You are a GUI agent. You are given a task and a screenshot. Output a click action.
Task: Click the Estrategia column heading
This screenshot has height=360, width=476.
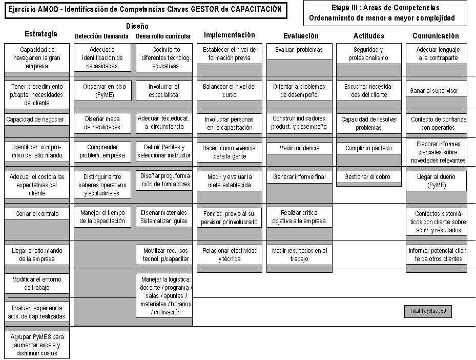[x=41, y=34]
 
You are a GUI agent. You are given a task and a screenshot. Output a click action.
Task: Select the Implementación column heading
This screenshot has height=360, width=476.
[x=230, y=35]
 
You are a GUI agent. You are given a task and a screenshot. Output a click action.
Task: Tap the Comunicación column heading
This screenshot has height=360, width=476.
[x=436, y=36]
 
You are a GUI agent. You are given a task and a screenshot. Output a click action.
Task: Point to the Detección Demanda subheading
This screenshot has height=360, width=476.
[x=101, y=36]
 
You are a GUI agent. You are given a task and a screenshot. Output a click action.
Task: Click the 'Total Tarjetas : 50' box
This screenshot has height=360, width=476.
[x=428, y=311]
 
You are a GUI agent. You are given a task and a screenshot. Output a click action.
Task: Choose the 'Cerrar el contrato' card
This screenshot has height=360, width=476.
[x=37, y=214]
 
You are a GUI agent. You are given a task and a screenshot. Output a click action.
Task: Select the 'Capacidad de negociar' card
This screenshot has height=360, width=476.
[x=37, y=119]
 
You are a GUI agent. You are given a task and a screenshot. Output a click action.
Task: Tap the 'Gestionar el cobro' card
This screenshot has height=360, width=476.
[x=369, y=177]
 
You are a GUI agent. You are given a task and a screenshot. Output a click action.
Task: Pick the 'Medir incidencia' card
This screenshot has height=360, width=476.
[x=299, y=148]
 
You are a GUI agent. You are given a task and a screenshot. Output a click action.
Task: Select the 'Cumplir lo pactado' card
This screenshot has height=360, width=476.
[x=369, y=148]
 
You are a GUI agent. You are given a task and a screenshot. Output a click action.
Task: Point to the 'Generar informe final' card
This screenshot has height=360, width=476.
[x=299, y=177]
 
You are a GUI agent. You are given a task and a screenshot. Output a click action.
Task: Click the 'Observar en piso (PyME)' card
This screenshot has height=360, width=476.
[x=102, y=91]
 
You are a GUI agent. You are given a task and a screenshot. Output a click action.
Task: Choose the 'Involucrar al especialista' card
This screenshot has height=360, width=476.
[x=164, y=91]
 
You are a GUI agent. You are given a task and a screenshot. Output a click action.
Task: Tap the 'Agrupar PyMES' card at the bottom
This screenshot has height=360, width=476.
[x=37, y=345]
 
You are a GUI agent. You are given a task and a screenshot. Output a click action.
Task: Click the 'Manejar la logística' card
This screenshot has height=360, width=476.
[x=164, y=295]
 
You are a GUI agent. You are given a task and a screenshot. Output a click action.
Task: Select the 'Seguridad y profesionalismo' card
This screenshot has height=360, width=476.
[x=369, y=54]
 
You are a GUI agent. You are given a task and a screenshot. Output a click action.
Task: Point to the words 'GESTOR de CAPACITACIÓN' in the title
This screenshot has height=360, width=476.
[x=236, y=9]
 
